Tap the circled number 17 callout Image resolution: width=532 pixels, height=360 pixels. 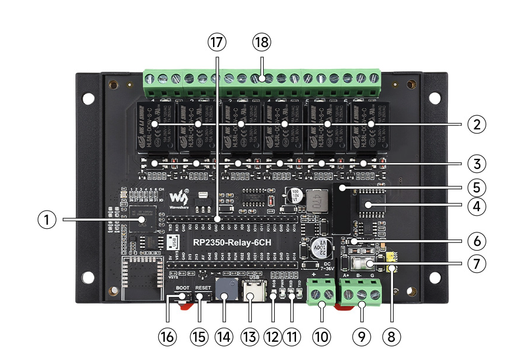point(217,42)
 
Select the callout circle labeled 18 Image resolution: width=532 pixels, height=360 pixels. point(261,42)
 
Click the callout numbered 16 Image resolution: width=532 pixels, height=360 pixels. point(168,337)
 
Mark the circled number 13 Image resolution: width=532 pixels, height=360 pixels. point(250,337)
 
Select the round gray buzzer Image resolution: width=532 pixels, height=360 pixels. point(224,288)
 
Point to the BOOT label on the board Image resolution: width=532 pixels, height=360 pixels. point(182,287)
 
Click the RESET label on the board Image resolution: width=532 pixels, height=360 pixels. point(203,287)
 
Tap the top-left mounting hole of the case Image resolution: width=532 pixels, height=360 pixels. point(88,99)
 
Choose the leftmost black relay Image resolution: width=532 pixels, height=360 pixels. point(156,125)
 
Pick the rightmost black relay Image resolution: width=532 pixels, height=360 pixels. point(369,125)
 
